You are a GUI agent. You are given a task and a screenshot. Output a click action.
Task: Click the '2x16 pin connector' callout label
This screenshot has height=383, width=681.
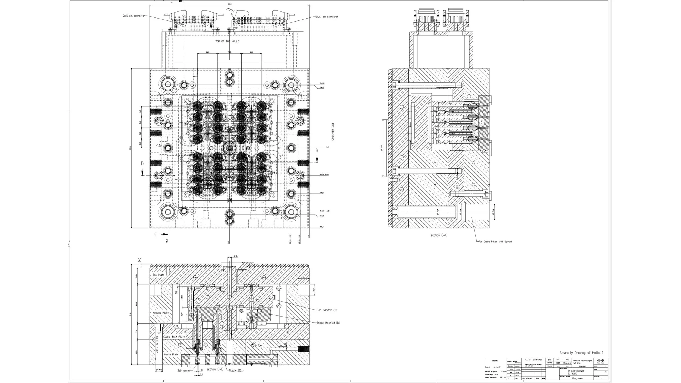pyautogui.click(x=134, y=16)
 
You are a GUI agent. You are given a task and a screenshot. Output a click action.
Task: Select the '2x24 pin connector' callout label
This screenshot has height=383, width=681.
pyautogui.click(x=327, y=17)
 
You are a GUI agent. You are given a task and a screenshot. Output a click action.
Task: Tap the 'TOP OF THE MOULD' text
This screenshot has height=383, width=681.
pyautogui.click(x=227, y=41)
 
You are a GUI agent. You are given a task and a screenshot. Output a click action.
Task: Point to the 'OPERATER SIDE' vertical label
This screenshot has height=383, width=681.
pyautogui.click(x=333, y=132)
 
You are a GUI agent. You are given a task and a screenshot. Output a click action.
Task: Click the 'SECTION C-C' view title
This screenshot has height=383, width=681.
pyautogui.click(x=439, y=235)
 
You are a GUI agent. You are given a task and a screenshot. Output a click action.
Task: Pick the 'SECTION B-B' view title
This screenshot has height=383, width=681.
pyautogui.click(x=215, y=370)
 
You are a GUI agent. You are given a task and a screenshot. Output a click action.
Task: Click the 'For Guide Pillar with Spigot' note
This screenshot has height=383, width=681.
pyautogui.click(x=495, y=242)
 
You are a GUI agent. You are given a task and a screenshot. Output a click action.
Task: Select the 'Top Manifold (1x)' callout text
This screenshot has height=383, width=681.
pyautogui.click(x=327, y=310)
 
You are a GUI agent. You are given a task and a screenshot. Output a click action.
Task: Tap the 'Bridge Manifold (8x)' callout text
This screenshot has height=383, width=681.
pyautogui.click(x=328, y=323)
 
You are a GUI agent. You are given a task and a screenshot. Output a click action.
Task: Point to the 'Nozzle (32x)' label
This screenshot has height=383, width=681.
pyautogui.click(x=236, y=370)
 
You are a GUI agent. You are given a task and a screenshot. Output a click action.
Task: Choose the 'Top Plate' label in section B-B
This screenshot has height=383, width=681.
pyautogui.click(x=159, y=275)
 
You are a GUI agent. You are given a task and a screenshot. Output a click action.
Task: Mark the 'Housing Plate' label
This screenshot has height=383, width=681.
pyautogui.click(x=160, y=313)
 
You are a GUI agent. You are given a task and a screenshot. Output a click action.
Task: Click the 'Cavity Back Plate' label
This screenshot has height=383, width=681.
pyautogui.click(x=174, y=337)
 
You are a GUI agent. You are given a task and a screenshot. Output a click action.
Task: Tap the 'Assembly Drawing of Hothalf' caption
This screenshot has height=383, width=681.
pyautogui.click(x=581, y=353)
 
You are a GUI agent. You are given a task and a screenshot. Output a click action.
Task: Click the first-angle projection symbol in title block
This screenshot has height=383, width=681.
pyautogui.click(x=600, y=361)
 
